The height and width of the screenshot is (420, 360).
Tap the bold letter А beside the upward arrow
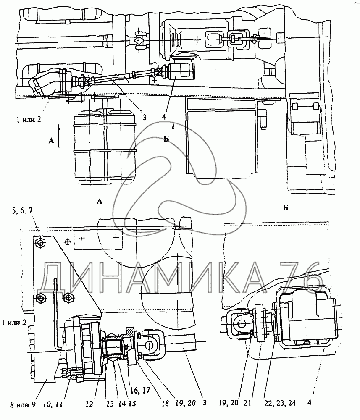point(51,142)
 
